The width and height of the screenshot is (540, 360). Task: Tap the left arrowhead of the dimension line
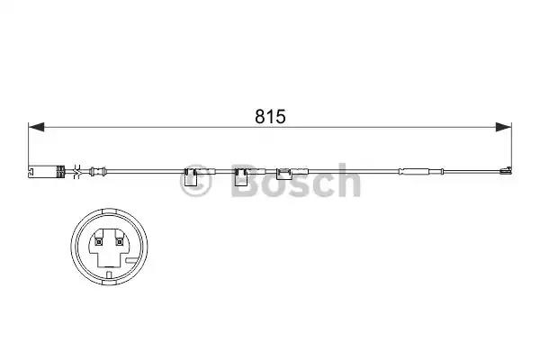[36, 128]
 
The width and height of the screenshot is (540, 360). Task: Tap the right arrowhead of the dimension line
[504, 128]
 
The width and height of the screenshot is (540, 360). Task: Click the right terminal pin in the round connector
[117, 240]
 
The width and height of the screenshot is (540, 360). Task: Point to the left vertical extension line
[30, 144]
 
